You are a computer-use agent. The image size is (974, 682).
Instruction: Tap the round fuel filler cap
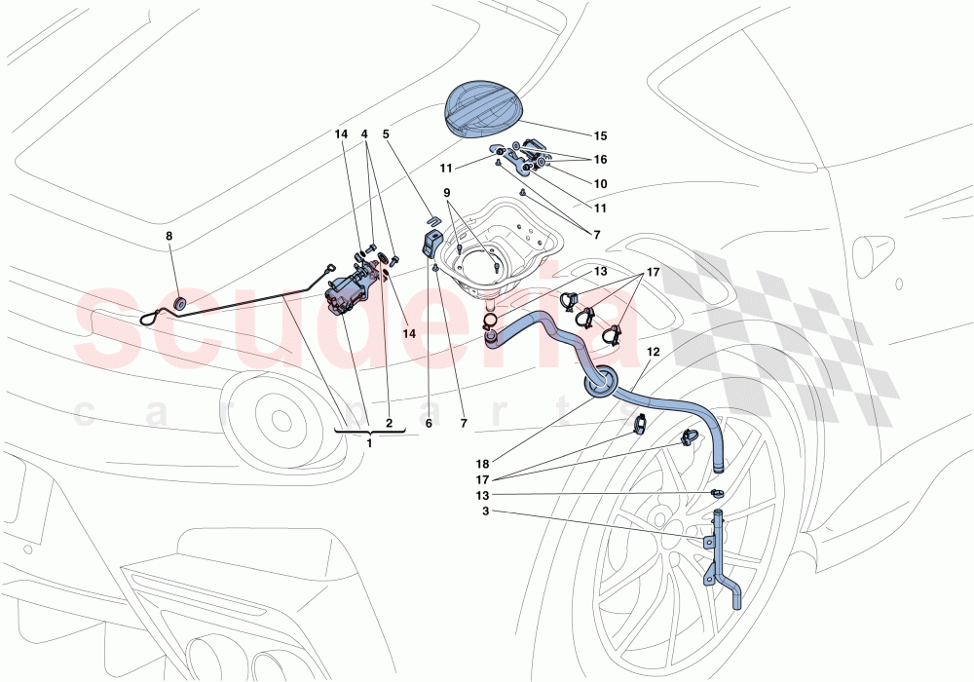pyautogui.click(x=485, y=106)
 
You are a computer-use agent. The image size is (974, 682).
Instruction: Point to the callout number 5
pyautogui.click(x=386, y=135)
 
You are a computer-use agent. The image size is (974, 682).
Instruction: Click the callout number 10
pyautogui.click(x=599, y=183)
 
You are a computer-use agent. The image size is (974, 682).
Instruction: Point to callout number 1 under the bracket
pyautogui.click(x=369, y=442)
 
